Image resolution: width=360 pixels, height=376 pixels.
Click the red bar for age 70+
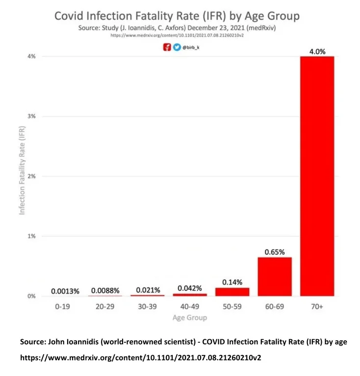pos(317,176)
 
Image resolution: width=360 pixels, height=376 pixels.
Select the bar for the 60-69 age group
pos(275,276)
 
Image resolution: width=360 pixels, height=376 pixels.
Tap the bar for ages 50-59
pos(232,292)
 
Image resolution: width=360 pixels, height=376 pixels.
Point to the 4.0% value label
pos(317,50)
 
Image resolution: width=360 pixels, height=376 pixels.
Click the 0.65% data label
pos(275,251)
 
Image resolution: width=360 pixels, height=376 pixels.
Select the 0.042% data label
pos(190,288)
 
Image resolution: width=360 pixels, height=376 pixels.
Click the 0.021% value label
pos(148,290)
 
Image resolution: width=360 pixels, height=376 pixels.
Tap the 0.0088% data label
pos(105,291)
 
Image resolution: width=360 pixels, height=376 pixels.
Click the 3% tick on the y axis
pos(31,116)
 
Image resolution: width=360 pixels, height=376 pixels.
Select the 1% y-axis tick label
pos(31,236)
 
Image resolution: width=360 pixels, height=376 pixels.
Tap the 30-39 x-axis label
pos(148,306)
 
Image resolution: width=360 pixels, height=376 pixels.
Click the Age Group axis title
pos(190,318)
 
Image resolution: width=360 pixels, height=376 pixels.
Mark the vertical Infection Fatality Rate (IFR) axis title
pos(22,176)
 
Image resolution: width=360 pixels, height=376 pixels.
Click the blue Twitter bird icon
pos(177,48)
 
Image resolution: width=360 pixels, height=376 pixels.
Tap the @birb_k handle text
pos(191,48)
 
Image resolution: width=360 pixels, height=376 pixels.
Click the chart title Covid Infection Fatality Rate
pos(177,15)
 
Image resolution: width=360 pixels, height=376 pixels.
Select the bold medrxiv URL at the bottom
pos(140,358)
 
